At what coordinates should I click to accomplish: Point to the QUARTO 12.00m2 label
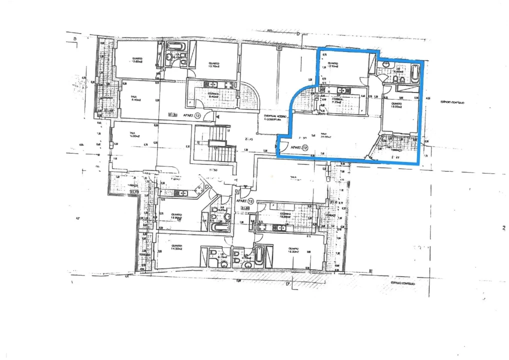[397, 105]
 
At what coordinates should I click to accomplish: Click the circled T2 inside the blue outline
[304, 147]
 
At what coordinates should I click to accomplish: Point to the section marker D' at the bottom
[288, 285]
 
